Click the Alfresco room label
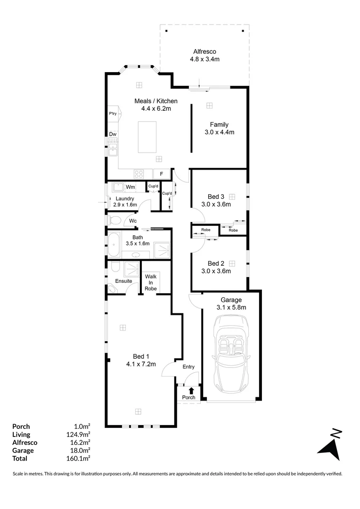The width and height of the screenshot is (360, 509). (x=204, y=51)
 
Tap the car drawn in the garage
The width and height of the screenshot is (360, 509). (x=230, y=353)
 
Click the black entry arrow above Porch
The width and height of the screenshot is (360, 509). (x=191, y=390)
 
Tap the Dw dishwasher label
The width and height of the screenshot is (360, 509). (x=113, y=134)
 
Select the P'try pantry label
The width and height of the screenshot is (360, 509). (x=113, y=114)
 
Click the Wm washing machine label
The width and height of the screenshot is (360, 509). (x=131, y=187)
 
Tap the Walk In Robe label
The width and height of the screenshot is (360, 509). (x=151, y=282)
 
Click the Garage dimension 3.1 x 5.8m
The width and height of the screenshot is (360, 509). (x=231, y=307)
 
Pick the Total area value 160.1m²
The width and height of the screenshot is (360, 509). (x=79, y=458)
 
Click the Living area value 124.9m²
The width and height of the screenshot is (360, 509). (x=79, y=435)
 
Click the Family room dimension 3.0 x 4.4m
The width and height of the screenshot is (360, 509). (x=220, y=132)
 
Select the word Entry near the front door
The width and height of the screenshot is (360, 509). (x=188, y=367)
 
